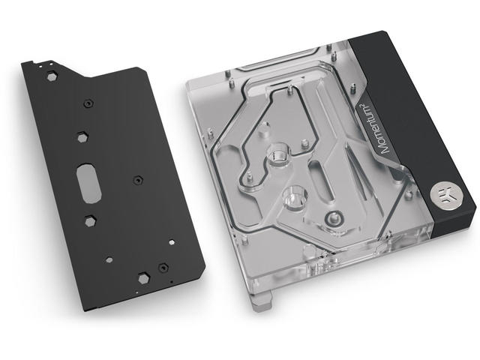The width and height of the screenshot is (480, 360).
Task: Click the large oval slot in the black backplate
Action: point(88,183)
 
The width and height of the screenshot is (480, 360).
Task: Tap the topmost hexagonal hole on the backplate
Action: point(52,76)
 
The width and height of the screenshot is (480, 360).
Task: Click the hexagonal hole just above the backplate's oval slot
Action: point(82,137)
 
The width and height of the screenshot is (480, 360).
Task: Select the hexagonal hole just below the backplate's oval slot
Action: point(90,220)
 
